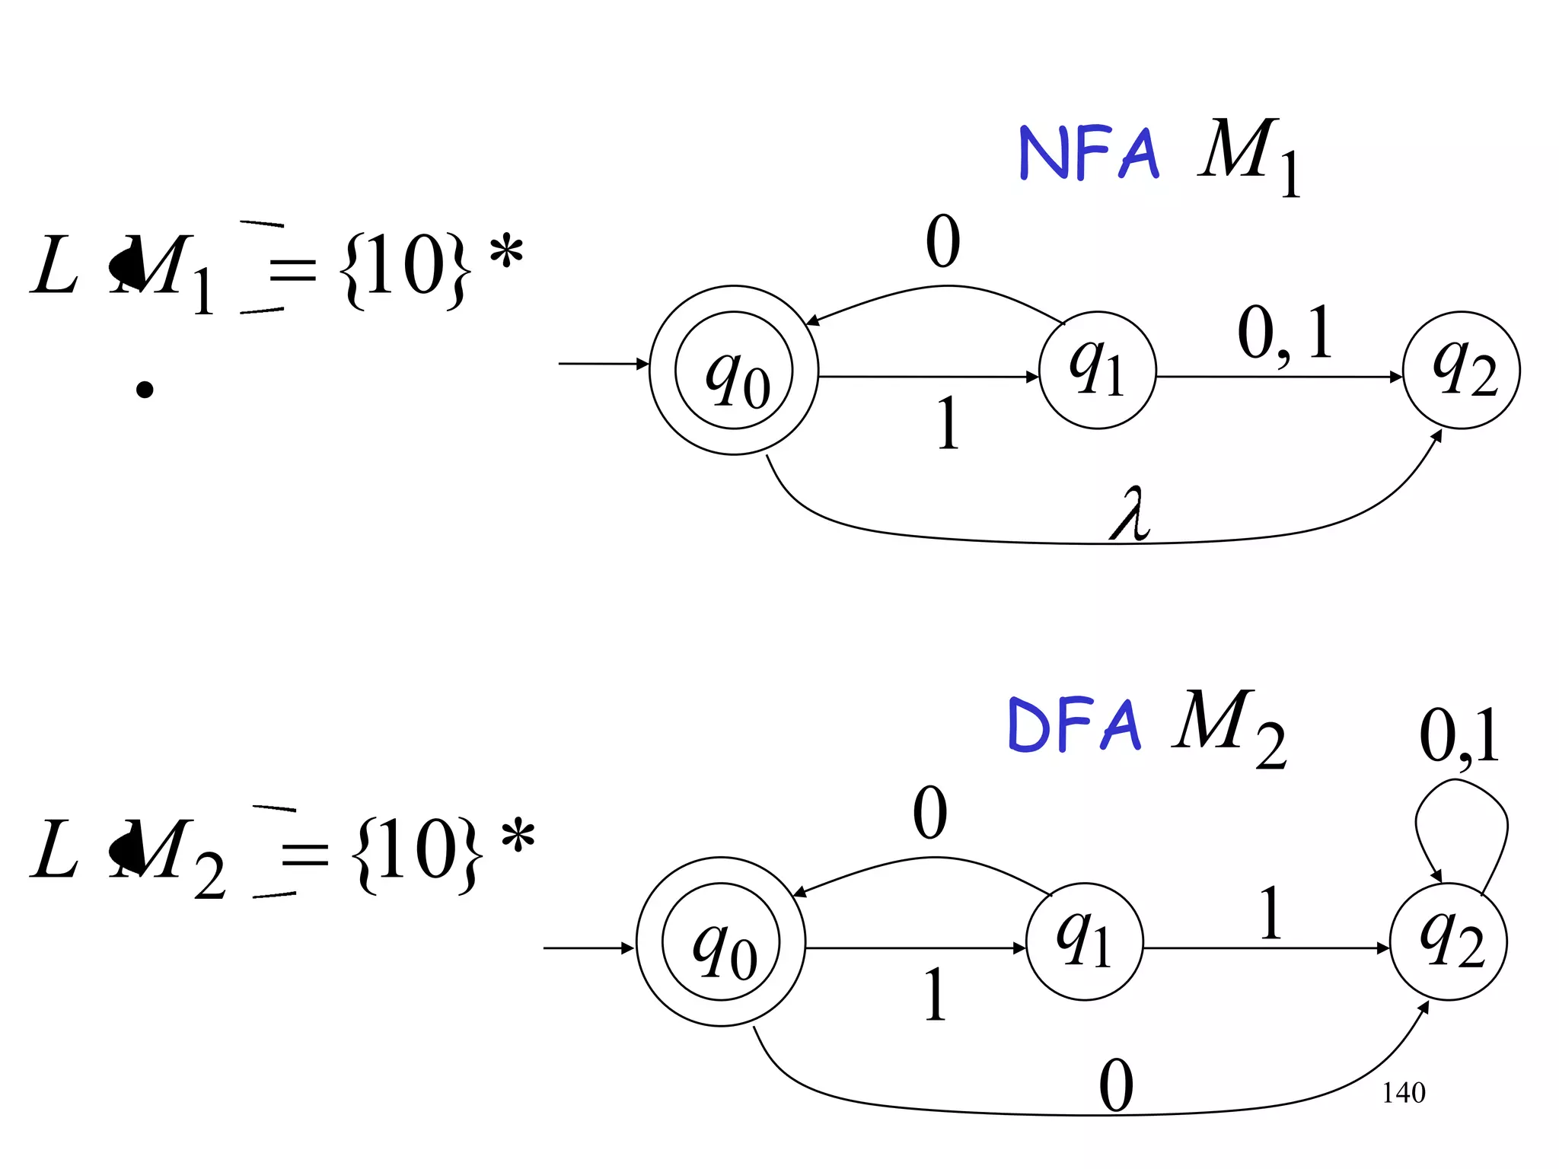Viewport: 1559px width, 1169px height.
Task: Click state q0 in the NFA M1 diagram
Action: click(x=734, y=371)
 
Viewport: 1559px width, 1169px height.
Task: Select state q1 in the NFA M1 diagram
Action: click(x=1097, y=371)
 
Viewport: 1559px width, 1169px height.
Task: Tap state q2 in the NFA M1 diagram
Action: click(x=1461, y=371)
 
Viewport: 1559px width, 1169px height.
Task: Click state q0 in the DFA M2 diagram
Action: click(x=721, y=942)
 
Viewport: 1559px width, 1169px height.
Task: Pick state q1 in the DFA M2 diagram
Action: click(x=1084, y=942)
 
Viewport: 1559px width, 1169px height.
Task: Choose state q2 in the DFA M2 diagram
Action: click(x=1449, y=942)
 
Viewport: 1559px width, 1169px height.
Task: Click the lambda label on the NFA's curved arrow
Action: click(x=1130, y=514)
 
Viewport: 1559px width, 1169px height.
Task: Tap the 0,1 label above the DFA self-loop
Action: click(x=1459, y=736)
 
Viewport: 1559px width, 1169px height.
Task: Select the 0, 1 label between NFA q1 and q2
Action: click(x=1285, y=333)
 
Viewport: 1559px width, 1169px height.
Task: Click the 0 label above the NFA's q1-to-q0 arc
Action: click(x=943, y=242)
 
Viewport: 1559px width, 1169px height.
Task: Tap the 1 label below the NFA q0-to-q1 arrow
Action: click(x=948, y=423)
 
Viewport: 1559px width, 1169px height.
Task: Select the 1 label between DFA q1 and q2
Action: click(x=1270, y=913)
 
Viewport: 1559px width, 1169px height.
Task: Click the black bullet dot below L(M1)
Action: click(x=145, y=390)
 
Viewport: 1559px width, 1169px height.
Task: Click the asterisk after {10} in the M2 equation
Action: click(x=518, y=835)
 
